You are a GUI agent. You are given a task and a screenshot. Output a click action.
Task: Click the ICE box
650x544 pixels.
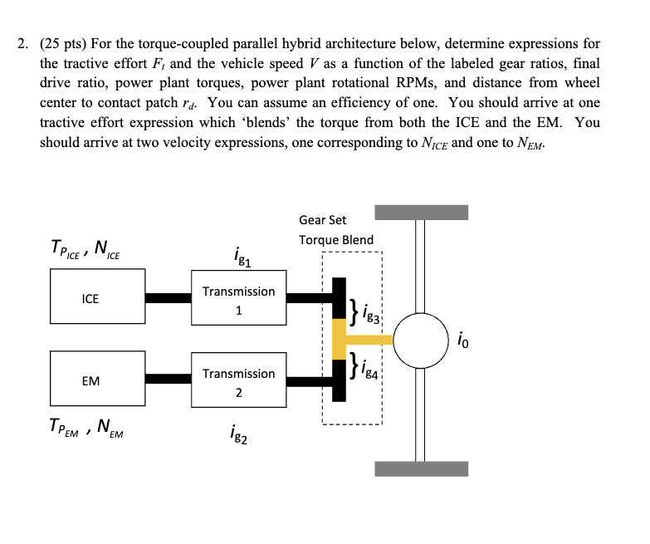[x=90, y=298]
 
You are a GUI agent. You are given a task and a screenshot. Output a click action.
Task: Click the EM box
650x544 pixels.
[x=90, y=380]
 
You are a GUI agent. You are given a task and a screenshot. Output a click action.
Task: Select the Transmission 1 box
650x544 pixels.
[x=238, y=300]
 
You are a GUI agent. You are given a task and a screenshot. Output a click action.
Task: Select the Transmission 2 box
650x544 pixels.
[x=238, y=382]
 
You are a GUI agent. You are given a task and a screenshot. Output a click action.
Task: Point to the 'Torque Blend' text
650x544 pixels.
[x=336, y=239]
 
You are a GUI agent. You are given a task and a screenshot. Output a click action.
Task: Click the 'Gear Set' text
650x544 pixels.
[x=323, y=220]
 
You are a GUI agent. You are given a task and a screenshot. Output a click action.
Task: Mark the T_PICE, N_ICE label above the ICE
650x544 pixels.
[x=86, y=247]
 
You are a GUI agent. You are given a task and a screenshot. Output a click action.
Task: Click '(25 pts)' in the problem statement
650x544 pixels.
[x=69, y=43]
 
